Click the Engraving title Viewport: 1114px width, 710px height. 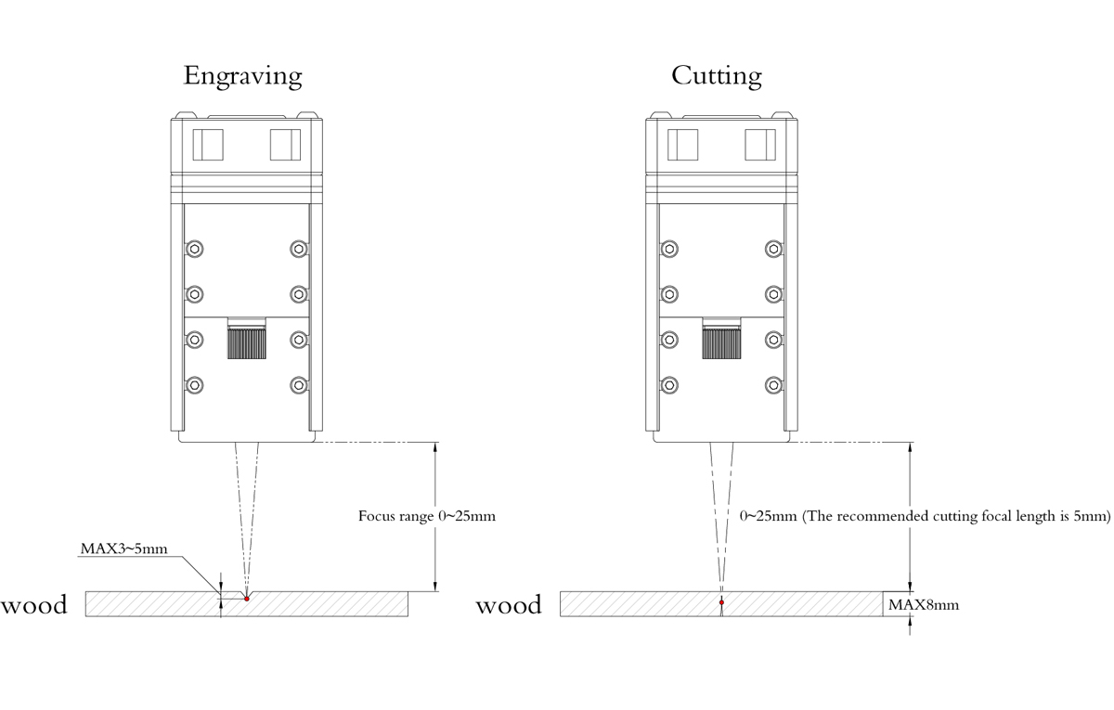pyautogui.click(x=243, y=76)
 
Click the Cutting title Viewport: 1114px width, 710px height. pyautogui.click(x=716, y=76)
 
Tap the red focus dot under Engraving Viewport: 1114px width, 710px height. pyautogui.click(x=247, y=599)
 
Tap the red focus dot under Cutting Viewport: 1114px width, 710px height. pyautogui.click(x=721, y=602)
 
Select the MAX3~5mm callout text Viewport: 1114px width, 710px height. pyautogui.click(x=123, y=549)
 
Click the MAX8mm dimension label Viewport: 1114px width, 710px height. pyautogui.click(x=923, y=605)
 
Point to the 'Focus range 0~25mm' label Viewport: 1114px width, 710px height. pyautogui.click(x=427, y=516)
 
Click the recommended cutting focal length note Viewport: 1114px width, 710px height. pyautogui.click(x=925, y=516)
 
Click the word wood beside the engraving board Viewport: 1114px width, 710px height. pyautogui.click(x=34, y=606)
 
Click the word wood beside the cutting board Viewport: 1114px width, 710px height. pyautogui.click(x=509, y=606)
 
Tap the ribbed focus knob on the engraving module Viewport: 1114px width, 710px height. pyautogui.click(x=247, y=340)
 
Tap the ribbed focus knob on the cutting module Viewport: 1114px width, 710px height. pyautogui.click(x=721, y=340)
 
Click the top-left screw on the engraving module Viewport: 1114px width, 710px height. pyautogui.click(x=195, y=249)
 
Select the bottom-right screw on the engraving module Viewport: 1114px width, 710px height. pyautogui.click(x=298, y=384)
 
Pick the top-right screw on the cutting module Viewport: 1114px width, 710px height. pyautogui.click(x=773, y=249)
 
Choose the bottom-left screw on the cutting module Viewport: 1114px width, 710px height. pyautogui.click(x=669, y=384)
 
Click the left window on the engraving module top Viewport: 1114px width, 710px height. pyautogui.click(x=208, y=144)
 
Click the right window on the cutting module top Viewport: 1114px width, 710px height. pyautogui.click(x=760, y=144)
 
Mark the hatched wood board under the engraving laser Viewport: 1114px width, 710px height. pyautogui.click(x=325, y=603)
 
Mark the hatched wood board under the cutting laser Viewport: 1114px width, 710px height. pyautogui.click(x=798, y=603)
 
